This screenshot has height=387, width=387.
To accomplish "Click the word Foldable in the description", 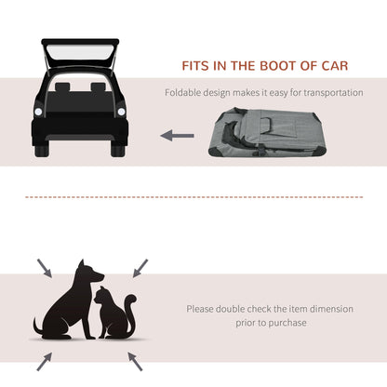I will [184, 93].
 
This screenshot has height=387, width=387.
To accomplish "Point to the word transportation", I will [332, 93].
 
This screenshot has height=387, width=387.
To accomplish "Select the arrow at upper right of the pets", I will [140, 268].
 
